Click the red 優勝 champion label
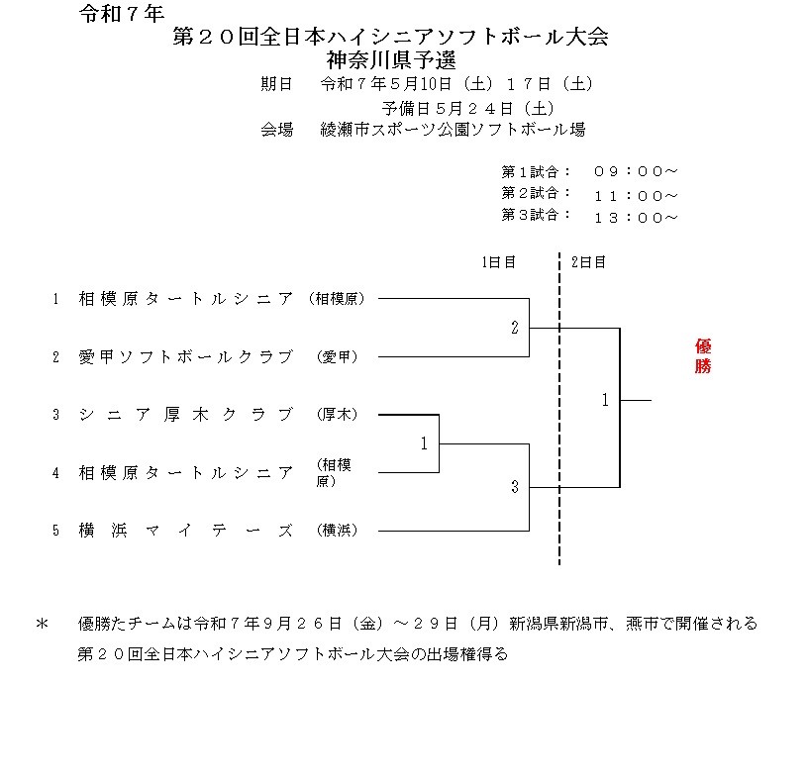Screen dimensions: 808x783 [x=703, y=356]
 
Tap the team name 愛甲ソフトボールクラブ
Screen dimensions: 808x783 [x=186, y=357]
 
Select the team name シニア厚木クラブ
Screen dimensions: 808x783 [x=186, y=415]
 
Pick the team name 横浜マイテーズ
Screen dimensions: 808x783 [x=186, y=531]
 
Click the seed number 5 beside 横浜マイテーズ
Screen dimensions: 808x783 [x=55, y=531]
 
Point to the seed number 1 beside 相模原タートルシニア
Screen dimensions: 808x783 [x=55, y=299]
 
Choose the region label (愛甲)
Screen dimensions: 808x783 [x=337, y=357]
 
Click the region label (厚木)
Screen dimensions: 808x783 [x=337, y=415]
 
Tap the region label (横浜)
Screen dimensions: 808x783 [x=337, y=531]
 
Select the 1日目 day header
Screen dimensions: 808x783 [x=498, y=262]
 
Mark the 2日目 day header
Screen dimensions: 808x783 [x=588, y=262]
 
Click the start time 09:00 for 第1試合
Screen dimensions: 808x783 [x=636, y=171]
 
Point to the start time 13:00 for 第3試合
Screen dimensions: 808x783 [x=636, y=218]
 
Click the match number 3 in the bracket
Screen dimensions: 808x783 [x=515, y=487]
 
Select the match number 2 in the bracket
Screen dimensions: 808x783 [x=515, y=328]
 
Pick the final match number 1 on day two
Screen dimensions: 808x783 [x=605, y=400]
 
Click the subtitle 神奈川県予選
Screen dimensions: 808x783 [x=391, y=60]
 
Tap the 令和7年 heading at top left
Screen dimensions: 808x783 [x=122, y=14]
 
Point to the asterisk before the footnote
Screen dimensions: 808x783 [x=43, y=624]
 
